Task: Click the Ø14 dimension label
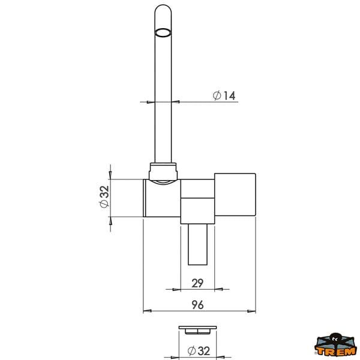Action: click(x=224, y=95)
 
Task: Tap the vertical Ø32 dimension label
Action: click(x=104, y=197)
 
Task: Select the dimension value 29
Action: click(x=197, y=283)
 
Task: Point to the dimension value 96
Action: click(x=197, y=305)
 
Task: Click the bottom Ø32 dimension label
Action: click(x=199, y=350)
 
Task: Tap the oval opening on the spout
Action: click(x=163, y=32)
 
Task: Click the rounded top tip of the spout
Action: click(x=163, y=5)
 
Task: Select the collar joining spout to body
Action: click(x=163, y=172)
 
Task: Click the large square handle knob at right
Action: click(x=235, y=194)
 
